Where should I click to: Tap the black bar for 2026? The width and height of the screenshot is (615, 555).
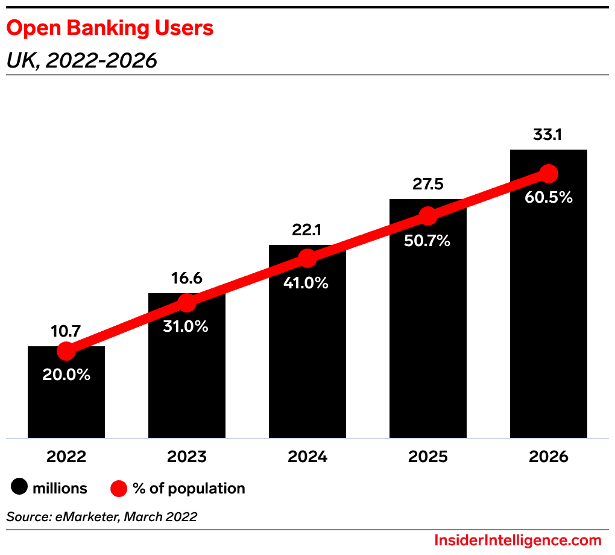pos(549,314)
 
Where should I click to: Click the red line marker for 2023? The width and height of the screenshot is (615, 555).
pos(187,303)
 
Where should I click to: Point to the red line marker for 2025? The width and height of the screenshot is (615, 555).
pos(427,215)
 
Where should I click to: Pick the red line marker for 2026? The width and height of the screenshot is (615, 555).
pos(548,174)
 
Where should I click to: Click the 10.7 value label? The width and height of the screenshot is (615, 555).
pos(66,331)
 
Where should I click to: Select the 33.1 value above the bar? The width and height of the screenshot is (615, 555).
pos(547,135)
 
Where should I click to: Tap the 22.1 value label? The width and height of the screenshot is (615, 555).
pos(307,230)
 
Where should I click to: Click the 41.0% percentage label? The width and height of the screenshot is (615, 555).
pos(307,282)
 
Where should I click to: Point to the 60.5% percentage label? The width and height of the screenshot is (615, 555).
pos(548,197)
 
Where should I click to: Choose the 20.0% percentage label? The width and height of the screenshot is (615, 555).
pos(66,375)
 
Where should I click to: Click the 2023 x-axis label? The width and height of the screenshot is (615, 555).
pos(187,456)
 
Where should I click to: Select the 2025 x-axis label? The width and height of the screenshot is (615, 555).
pos(428,456)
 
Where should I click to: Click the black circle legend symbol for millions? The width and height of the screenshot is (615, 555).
pos(20,488)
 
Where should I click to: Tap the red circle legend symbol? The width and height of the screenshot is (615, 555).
pos(119,488)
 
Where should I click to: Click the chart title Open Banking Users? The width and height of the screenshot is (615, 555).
pos(110,28)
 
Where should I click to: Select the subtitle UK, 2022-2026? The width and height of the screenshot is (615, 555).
pos(81,60)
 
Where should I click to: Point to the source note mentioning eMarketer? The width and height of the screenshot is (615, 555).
pos(101,517)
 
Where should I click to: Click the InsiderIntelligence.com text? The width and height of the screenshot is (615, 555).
pos(518,540)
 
